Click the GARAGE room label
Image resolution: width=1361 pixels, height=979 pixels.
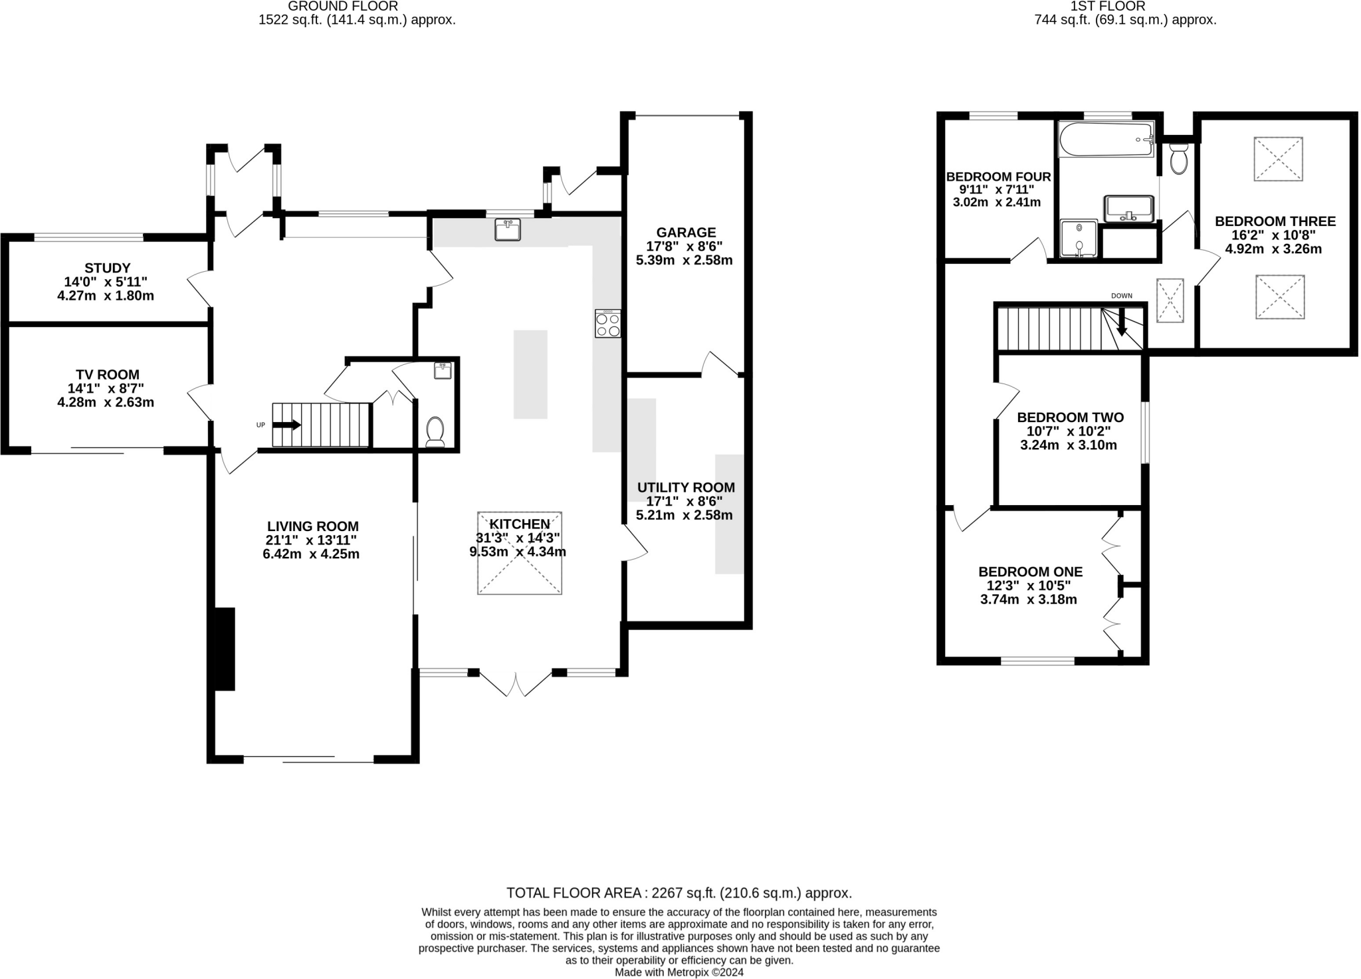[x=686, y=233]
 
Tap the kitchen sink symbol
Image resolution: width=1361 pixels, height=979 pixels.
[x=508, y=230]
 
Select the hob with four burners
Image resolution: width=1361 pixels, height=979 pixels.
[x=608, y=324]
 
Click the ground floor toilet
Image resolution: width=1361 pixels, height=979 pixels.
[x=435, y=431]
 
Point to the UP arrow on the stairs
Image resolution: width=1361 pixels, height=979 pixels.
[x=286, y=425]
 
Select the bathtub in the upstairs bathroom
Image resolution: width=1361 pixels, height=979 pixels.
[x=1106, y=140]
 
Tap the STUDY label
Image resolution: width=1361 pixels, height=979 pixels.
[x=108, y=269]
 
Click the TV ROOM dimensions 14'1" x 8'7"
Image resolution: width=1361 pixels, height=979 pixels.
[x=106, y=388]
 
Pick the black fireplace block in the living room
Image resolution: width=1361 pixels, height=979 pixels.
[x=225, y=649]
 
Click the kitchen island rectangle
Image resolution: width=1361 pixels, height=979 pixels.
[x=530, y=374]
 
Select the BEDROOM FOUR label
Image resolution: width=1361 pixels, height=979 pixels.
[x=998, y=177]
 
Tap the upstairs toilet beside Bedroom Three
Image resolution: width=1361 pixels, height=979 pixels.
[x=1179, y=160]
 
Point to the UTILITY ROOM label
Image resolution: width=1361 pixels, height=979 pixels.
[x=686, y=488]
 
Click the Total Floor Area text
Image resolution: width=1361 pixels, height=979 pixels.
[x=679, y=893]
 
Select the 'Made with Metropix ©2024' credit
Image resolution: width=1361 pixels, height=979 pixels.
[x=679, y=972]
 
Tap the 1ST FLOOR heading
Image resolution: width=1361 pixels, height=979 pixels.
[x=1126, y=7]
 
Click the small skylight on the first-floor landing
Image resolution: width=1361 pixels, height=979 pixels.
[x=1170, y=300]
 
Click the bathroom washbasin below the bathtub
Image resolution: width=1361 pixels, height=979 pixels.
[x=1128, y=209]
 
